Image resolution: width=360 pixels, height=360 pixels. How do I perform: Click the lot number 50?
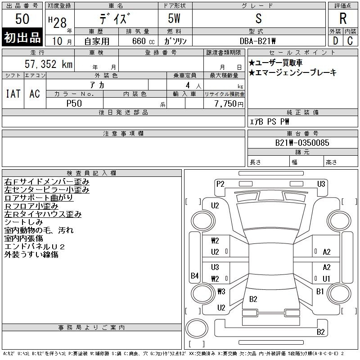click(x=22, y=19)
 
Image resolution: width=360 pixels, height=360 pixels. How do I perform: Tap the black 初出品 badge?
click(x=22, y=37)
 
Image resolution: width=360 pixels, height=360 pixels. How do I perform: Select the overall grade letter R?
click(x=343, y=18)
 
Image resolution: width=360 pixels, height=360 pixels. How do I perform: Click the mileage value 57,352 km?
click(x=49, y=64)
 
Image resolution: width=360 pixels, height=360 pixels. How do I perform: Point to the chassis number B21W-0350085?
click(x=302, y=143)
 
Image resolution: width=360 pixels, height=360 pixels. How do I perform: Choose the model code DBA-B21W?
click(x=257, y=41)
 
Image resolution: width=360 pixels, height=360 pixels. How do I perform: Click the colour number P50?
click(x=74, y=103)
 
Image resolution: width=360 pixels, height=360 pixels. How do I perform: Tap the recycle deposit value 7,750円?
click(x=229, y=104)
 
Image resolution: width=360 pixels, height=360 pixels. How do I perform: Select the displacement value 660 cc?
click(x=143, y=41)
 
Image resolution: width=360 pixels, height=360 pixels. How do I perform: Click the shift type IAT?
click(x=13, y=94)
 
